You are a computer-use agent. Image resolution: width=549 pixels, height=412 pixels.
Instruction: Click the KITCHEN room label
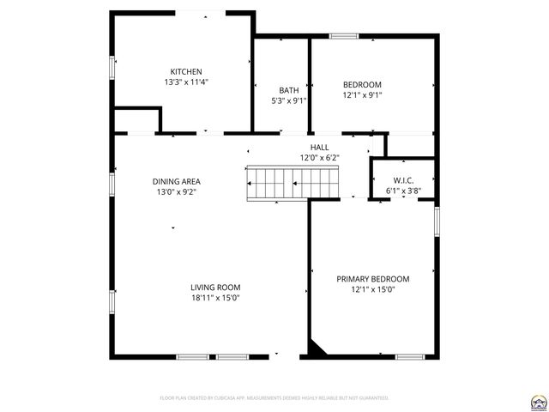click(x=186, y=71)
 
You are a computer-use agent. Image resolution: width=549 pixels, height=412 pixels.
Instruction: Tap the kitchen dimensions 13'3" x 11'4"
click(x=186, y=82)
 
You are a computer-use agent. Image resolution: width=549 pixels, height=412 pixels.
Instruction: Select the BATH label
click(x=288, y=90)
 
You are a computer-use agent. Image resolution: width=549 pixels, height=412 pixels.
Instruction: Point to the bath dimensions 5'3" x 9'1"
click(x=288, y=100)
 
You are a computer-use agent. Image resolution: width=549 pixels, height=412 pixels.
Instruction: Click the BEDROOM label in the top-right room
click(x=362, y=84)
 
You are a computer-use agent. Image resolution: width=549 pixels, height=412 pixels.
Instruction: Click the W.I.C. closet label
click(x=403, y=180)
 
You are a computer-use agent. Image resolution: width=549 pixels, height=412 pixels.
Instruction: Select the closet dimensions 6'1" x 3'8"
click(x=403, y=191)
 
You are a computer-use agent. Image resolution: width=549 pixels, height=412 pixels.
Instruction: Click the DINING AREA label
click(x=177, y=181)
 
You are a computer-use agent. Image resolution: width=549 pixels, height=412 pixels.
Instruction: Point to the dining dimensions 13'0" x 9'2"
click(x=177, y=192)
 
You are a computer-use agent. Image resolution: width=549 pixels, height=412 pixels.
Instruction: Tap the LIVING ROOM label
click(x=215, y=288)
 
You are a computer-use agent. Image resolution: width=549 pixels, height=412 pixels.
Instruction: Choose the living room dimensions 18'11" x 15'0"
click(x=215, y=298)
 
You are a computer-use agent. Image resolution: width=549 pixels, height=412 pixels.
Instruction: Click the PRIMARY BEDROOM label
click(x=372, y=279)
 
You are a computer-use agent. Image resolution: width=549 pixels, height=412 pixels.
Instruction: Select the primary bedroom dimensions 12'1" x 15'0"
click(x=372, y=289)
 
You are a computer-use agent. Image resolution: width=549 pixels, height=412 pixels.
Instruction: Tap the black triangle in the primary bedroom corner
click(x=317, y=348)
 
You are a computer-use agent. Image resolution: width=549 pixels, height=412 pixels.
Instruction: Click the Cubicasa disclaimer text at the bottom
click(x=274, y=398)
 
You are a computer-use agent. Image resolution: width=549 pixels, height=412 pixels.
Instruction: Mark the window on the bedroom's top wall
click(x=344, y=36)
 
